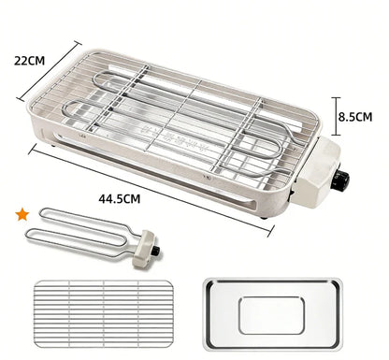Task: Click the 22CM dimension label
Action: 29,60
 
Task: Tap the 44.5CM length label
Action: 120,198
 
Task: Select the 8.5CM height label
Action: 355,117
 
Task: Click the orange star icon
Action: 22,215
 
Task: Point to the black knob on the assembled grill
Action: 341,180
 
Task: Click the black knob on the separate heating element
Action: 156,250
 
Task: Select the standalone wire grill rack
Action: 104,314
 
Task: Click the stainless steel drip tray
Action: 273,313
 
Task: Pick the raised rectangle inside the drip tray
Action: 271,315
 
